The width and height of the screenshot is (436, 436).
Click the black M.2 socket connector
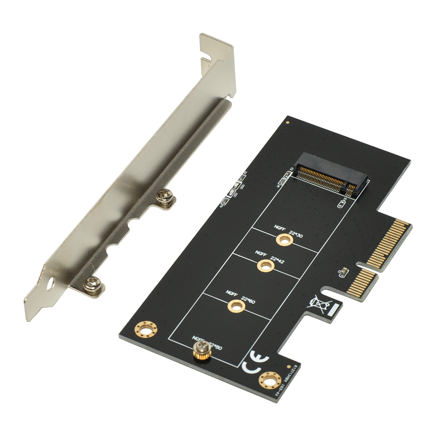pyautogui.click(x=331, y=177)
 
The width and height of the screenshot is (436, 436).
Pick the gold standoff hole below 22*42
pyautogui.click(x=265, y=265)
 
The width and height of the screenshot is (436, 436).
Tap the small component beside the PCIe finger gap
pyautogui.click(x=343, y=272)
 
